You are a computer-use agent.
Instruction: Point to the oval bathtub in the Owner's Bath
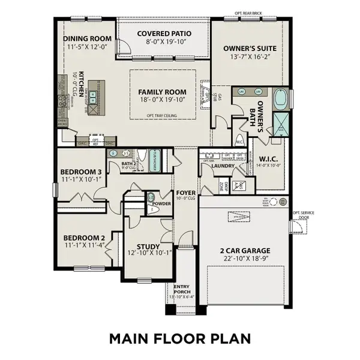pyautogui.click(x=281, y=98)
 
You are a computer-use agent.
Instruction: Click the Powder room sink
pyautogui.click(x=151, y=197)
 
